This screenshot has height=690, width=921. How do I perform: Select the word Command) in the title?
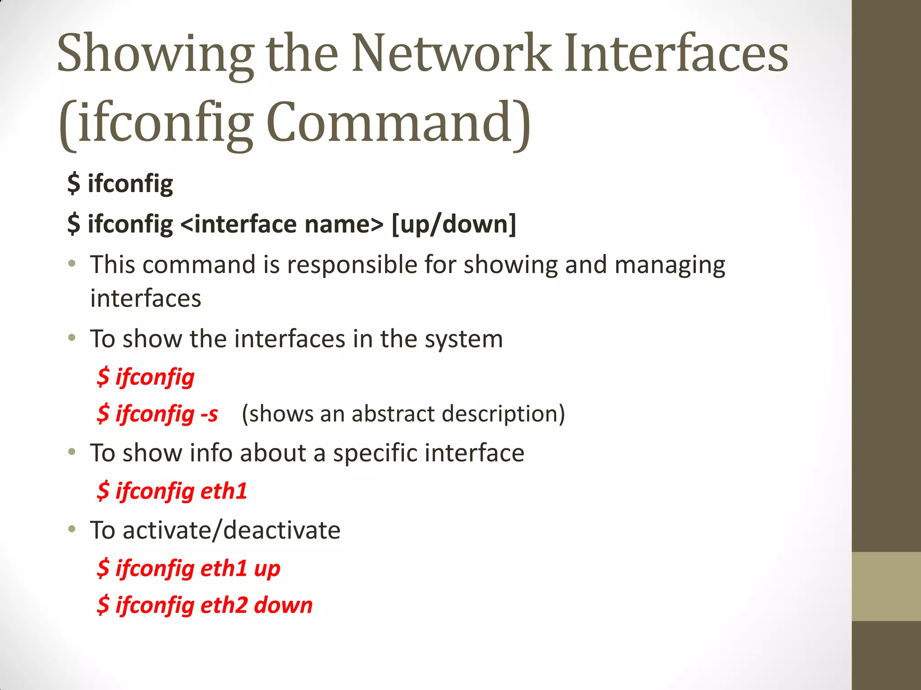pyautogui.click(x=398, y=122)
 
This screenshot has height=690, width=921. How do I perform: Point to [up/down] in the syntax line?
pyautogui.click(x=454, y=224)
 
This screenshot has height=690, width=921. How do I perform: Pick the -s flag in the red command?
pyautogui.click(x=209, y=414)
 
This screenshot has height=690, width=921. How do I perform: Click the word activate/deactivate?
pyautogui.click(x=231, y=531)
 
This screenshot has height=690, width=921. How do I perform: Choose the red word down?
pyautogui.click(x=283, y=605)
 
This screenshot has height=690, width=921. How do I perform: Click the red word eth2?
pyautogui.click(x=224, y=605)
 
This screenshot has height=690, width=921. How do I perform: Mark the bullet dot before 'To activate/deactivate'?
pyautogui.click(x=72, y=530)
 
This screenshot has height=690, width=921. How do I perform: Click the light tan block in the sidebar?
pyautogui.click(x=886, y=586)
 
